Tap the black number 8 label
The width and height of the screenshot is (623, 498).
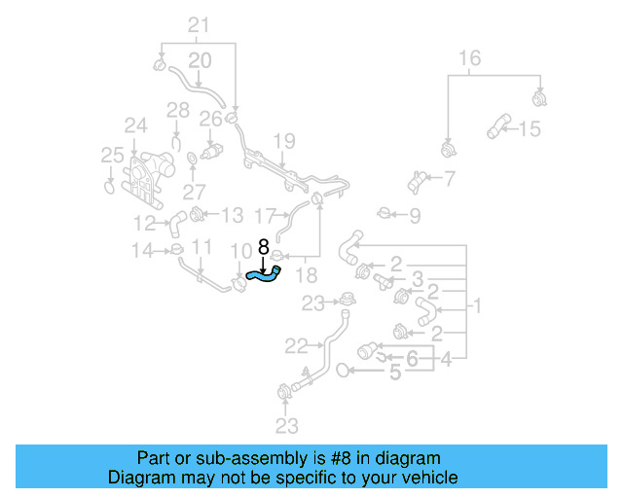(263, 249)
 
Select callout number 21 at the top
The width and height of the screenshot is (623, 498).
(198, 24)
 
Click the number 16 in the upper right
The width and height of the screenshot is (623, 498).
(469, 58)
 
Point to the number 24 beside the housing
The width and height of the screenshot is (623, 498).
(134, 124)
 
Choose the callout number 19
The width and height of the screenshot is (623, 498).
(282, 142)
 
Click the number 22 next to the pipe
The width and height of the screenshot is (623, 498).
(296, 344)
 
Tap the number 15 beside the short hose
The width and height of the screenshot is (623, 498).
(529, 128)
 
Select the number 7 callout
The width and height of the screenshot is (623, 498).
(449, 178)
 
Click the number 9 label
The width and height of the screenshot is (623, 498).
(415, 215)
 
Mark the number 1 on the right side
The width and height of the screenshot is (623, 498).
(477, 307)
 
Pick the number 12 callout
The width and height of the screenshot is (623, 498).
(144, 222)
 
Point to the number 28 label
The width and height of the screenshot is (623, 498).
(176, 110)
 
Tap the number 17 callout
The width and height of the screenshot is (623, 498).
(265, 214)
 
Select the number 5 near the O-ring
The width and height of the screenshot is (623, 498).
(394, 371)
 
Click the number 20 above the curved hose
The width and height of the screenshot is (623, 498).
(199, 60)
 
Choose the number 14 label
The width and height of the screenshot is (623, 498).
(142, 251)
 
